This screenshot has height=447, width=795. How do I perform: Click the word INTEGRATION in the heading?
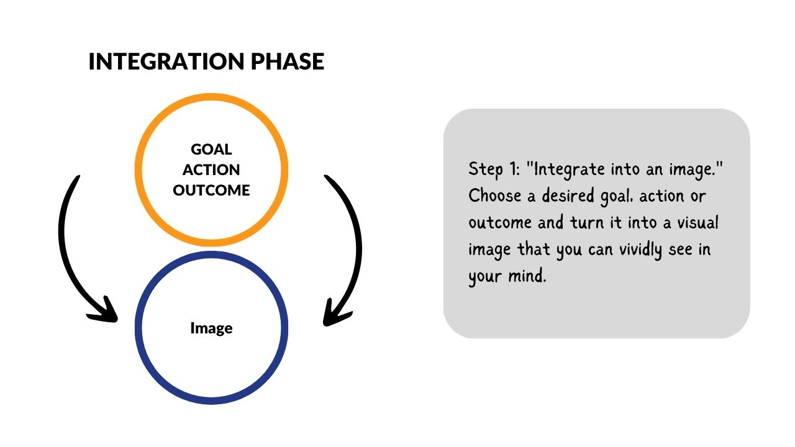[x=166, y=61]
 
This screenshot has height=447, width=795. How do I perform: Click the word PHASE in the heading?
[x=288, y=61]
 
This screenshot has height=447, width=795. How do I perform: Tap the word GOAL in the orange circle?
[x=211, y=150]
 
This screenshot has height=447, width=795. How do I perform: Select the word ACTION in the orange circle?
[x=211, y=170]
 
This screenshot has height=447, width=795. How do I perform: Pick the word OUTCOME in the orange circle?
[x=211, y=191]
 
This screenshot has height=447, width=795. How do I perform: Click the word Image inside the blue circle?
[x=212, y=328]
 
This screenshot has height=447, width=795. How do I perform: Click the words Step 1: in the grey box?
[x=494, y=169]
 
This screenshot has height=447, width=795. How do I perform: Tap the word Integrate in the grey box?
[x=569, y=170]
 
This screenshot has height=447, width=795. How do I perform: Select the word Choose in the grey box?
[x=495, y=196]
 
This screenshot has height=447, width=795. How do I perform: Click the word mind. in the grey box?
[x=527, y=276]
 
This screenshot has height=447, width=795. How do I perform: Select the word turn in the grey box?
[x=587, y=223]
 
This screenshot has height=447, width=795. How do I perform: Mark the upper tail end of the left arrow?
[x=78, y=177]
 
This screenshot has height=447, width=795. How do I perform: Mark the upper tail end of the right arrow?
[x=326, y=176]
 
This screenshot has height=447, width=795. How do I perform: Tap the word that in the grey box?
[x=534, y=249]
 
